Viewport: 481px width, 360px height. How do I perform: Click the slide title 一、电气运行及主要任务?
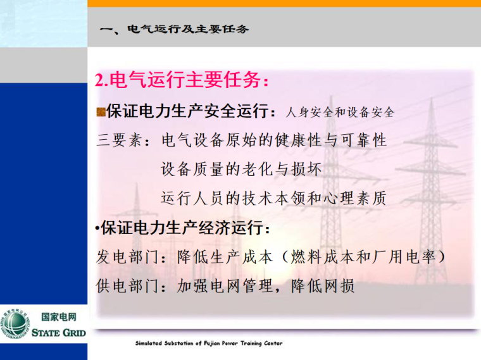175,29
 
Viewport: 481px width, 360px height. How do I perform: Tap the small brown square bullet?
100,112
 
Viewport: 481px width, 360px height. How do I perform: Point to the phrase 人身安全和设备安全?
340,113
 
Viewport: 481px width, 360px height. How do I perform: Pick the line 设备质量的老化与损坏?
242,170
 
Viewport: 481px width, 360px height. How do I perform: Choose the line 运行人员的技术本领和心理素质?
273,199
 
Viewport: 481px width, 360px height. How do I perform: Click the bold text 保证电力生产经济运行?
185,228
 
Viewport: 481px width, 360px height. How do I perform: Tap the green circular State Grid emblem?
14,323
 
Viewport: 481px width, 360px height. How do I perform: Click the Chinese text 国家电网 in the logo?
58,318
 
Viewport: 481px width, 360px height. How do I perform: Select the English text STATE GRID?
58,332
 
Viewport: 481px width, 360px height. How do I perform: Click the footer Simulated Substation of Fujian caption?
209,344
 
